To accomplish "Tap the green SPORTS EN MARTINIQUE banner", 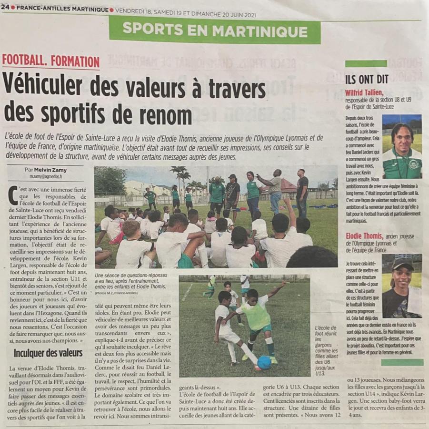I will tap(215, 31).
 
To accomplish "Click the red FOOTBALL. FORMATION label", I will tap(51, 61).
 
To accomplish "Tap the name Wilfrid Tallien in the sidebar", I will tap(364, 92).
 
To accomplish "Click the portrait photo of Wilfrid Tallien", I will tap(402, 147).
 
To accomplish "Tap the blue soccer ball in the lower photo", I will tap(264, 362).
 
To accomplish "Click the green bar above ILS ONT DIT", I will tap(366, 63).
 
